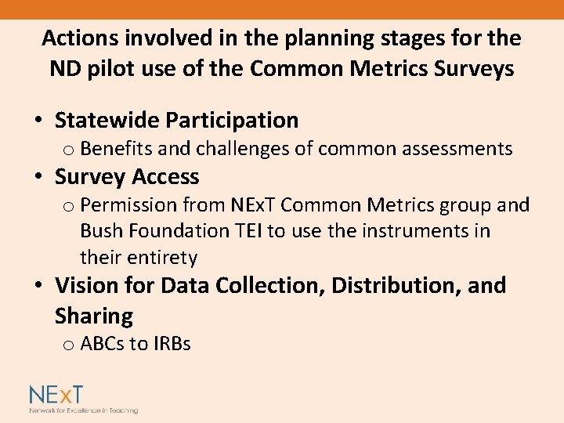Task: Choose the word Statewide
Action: [x=106, y=120]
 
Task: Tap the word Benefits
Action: [x=114, y=148]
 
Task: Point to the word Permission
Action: [x=128, y=205]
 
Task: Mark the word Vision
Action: [x=85, y=285]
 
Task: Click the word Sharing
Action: [x=94, y=316]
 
